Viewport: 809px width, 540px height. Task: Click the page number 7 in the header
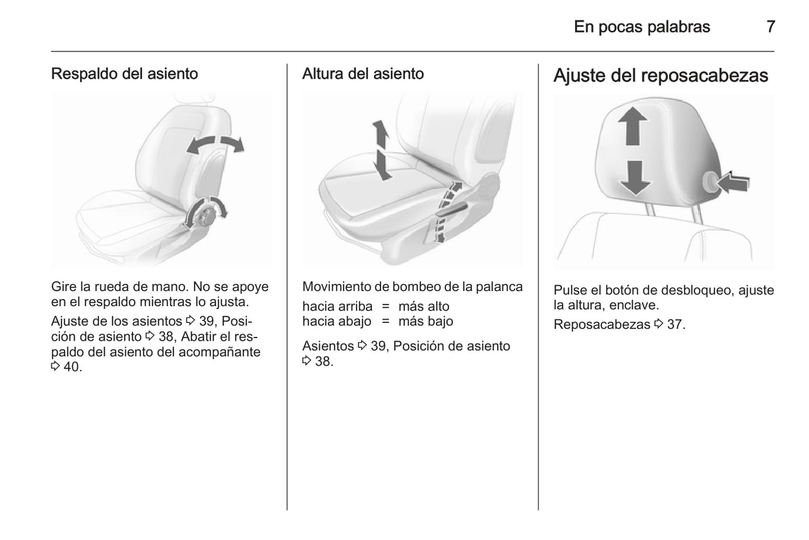point(770,27)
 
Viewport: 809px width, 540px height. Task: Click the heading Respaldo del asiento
point(125,74)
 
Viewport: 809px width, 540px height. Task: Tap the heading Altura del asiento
point(363,74)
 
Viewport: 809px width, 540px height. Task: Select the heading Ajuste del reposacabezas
point(661,76)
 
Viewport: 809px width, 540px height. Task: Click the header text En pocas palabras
point(642,27)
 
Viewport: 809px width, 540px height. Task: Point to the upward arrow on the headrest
point(632,126)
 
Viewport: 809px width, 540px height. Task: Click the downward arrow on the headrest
point(635,178)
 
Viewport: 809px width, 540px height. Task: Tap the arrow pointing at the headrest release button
point(733,182)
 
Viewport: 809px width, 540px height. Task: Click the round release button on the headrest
point(709,181)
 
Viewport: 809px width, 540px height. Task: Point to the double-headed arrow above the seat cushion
point(381,150)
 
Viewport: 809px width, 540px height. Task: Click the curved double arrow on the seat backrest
point(216,144)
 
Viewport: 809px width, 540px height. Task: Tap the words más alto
point(424,307)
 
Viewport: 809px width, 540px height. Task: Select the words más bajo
point(425,321)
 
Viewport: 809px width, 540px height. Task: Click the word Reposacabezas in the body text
point(602,325)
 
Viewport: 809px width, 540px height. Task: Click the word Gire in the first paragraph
point(64,287)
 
